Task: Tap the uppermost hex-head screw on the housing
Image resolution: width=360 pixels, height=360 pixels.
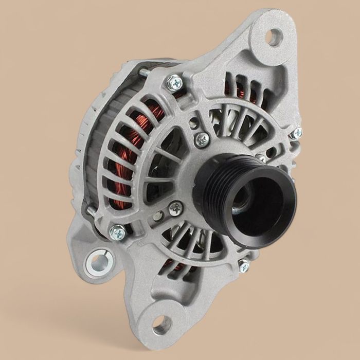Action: click(x=175, y=82)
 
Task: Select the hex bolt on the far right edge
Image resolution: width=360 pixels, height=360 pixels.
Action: click(x=296, y=133)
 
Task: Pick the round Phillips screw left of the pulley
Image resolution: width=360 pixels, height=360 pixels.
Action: click(x=176, y=208)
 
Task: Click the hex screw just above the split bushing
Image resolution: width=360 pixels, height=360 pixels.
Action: click(x=118, y=232)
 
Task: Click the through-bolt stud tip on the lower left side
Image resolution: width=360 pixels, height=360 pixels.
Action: click(x=91, y=210)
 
